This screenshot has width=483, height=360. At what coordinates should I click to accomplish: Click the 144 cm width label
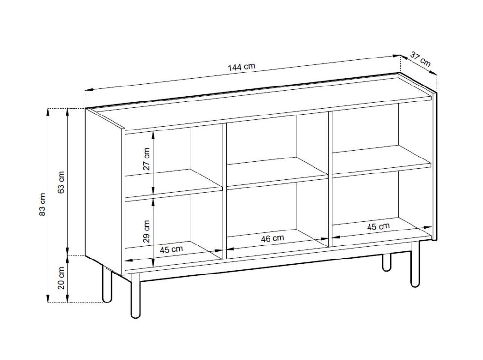(241, 67)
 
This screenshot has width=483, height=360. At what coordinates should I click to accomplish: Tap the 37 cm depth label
(420, 59)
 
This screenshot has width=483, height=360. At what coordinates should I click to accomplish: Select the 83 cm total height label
(42, 204)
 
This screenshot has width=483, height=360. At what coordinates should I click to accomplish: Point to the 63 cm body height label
(61, 182)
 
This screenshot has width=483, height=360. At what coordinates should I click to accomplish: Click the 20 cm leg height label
(61, 278)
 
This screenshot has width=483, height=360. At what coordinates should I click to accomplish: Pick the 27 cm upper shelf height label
(147, 159)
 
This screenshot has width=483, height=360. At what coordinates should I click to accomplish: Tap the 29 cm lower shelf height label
(147, 231)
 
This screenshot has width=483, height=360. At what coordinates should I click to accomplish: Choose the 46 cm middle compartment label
(272, 239)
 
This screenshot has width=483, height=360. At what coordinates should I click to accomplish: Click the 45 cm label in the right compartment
(378, 227)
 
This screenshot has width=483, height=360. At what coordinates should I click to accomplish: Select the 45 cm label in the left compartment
(171, 249)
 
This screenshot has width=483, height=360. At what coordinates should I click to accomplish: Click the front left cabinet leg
(135, 295)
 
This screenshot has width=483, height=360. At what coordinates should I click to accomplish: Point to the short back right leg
(386, 262)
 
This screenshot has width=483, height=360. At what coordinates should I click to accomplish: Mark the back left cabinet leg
(107, 285)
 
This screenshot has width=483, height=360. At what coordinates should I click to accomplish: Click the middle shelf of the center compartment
(277, 173)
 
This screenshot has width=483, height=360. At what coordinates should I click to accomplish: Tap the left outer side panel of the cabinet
(105, 191)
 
